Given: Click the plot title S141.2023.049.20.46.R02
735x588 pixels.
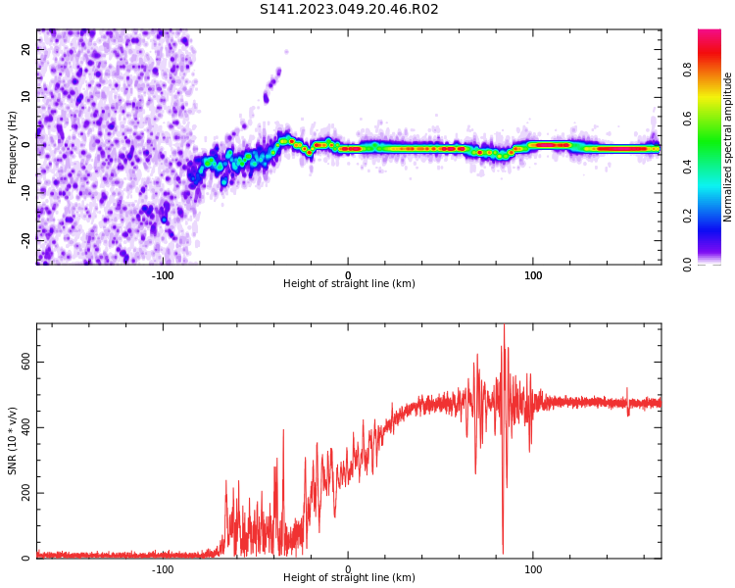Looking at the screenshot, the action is click(349, 9).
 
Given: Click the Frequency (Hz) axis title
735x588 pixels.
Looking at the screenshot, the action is click(12, 147).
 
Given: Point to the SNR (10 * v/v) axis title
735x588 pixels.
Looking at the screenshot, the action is click(12, 441).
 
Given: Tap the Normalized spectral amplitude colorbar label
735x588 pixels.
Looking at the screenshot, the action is click(727, 147).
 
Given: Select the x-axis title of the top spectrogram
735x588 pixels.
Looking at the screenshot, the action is click(349, 283).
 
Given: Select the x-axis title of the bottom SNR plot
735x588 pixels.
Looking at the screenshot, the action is click(349, 577).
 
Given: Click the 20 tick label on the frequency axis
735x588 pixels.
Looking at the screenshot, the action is click(25, 49).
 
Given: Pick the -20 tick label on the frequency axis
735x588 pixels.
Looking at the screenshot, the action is click(25, 241).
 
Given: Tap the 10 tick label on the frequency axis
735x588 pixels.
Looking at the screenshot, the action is click(25, 97).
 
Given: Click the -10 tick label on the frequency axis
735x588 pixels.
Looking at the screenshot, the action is click(25, 193).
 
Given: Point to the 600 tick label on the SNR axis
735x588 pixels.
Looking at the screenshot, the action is click(25, 362).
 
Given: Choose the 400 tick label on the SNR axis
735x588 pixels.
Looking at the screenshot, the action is click(25, 427).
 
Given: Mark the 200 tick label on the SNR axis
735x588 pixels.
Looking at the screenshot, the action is click(25, 493).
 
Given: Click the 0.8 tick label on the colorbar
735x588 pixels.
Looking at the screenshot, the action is click(687, 71).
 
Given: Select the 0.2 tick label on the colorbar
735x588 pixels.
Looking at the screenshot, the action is click(687, 217).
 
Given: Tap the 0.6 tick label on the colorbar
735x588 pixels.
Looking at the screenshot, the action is click(687, 120).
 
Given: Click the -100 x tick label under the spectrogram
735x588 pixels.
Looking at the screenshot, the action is click(163, 275).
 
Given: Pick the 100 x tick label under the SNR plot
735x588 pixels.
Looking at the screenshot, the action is click(533, 569).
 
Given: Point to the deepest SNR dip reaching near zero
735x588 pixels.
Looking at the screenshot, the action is click(503, 554).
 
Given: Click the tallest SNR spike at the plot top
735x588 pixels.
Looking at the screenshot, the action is click(504, 325).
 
